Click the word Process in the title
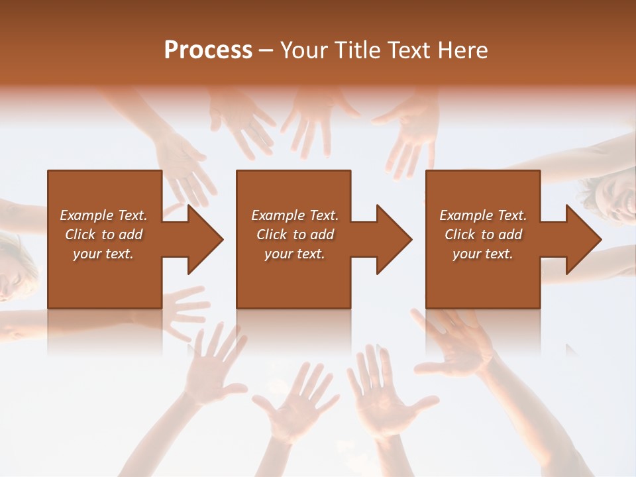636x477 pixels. (x=208, y=50)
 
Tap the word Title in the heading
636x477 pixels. (x=358, y=50)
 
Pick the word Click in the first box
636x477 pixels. (x=81, y=235)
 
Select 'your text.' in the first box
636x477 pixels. (x=103, y=254)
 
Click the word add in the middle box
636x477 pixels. (x=322, y=235)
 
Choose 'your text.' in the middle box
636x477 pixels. (x=294, y=254)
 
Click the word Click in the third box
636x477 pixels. (x=460, y=235)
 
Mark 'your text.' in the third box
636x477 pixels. (x=483, y=254)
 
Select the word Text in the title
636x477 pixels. (x=409, y=50)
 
